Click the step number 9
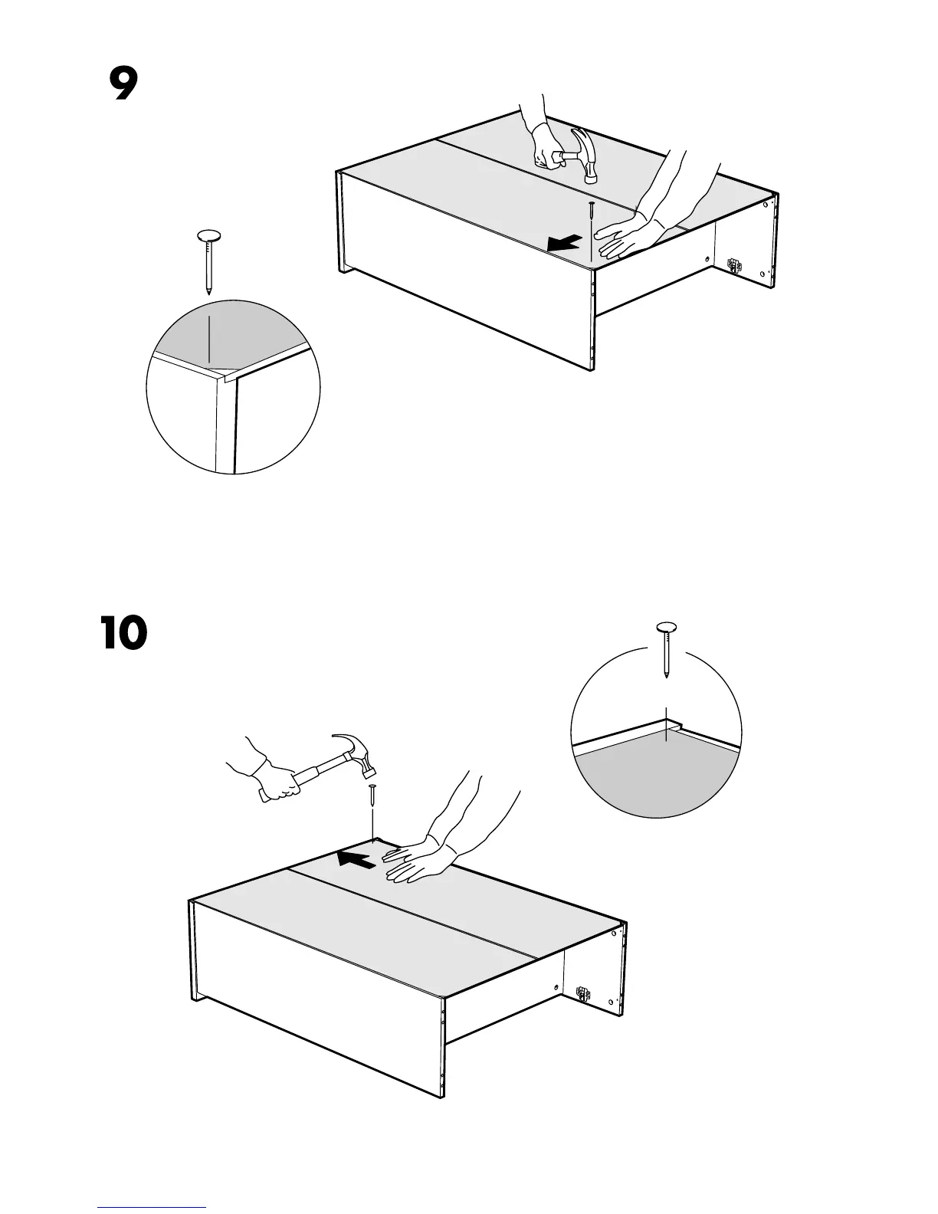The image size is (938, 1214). pos(123,85)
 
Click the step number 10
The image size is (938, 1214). pos(123,634)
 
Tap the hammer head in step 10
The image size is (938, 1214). pos(357,752)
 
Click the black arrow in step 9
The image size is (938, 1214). pos(564,244)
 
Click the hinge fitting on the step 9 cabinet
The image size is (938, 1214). pos(734,266)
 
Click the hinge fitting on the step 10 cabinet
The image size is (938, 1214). pos(584,994)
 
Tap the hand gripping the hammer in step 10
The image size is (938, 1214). pos(279,782)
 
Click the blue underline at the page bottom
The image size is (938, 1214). pos(152,1207)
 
